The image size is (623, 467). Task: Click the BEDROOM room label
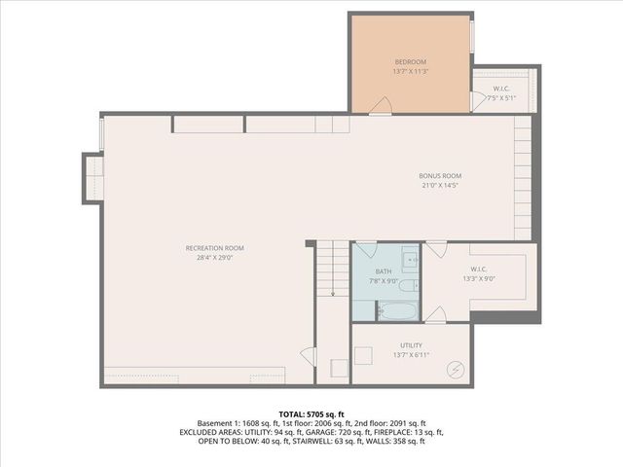[x=411, y=61]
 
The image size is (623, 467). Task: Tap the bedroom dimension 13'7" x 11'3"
[x=411, y=71]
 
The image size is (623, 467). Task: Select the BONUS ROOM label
[x=440, y=176]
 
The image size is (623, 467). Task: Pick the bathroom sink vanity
[x=410, y=259]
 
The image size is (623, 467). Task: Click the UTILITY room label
[x=411, y=345]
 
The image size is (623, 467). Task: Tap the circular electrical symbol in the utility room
[x=455, y=369]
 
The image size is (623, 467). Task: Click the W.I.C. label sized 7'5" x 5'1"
[x=502, y=90]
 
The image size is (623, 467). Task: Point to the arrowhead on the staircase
[x=332, y=293]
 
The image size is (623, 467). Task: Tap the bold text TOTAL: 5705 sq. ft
[x=311, y=414]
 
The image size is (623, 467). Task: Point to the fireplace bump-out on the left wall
[x=92, y=178]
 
